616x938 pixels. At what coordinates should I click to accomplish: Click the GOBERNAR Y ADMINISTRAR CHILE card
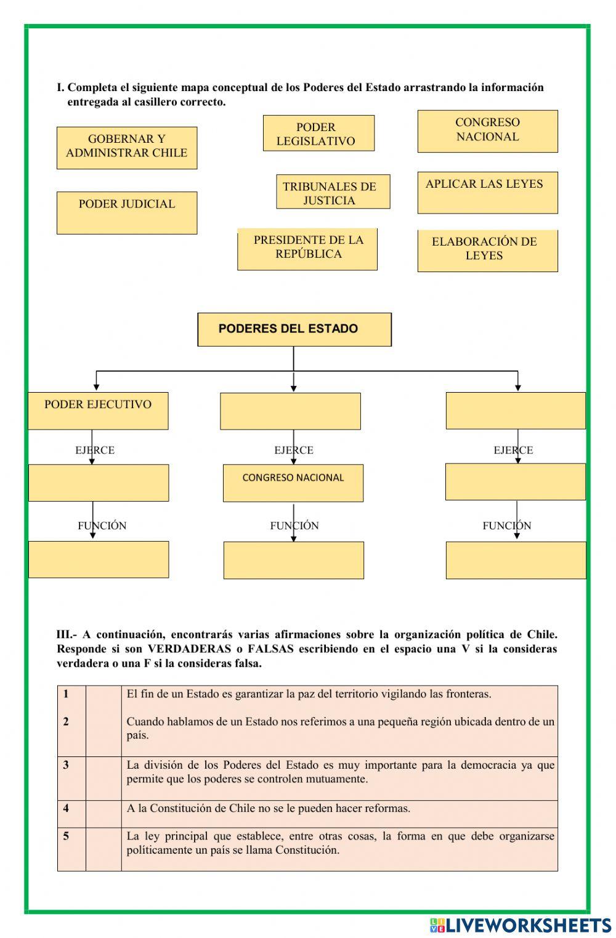pos(127,148)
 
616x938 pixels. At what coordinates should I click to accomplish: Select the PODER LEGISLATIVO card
pos(318,134)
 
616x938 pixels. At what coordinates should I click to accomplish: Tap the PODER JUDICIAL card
pos(127,212)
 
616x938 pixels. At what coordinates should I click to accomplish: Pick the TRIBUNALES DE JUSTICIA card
pos(333,192)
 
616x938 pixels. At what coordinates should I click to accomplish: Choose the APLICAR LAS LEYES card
pos(487,193)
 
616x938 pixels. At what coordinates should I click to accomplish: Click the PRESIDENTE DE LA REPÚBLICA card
pos(307,249)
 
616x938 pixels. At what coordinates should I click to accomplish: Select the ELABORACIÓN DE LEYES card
pos(487,251)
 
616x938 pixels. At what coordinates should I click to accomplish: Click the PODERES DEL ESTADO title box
pos(294,329)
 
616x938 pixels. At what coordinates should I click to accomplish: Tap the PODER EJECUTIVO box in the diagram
pos(98,411)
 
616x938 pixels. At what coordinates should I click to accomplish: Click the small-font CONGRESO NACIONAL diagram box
pos(293,483)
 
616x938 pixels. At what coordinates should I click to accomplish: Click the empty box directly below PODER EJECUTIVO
pos(99,483)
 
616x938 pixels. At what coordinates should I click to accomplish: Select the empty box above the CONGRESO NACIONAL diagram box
pos(290,412)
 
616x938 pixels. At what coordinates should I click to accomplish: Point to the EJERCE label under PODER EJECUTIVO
pos(95,450)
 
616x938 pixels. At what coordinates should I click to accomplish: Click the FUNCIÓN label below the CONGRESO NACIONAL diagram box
pos(294,526)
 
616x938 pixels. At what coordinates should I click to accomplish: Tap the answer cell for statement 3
pos(103,778)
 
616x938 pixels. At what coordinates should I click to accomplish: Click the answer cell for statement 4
pos(103,814)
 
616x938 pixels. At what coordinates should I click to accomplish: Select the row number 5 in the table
pos(67,836)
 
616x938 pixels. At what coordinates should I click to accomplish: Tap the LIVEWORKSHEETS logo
pos(521,924)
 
